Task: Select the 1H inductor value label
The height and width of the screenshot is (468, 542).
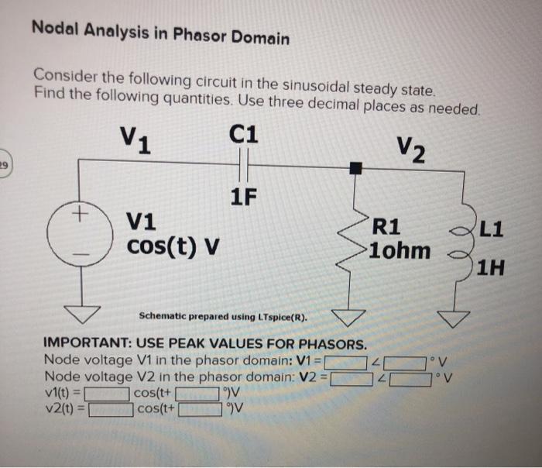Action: pos(490,269)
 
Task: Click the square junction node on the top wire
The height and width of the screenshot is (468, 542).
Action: pos(354,167)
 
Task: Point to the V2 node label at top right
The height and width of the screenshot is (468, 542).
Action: pos(410,149)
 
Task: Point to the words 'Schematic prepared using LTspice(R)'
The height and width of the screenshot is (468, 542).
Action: pos(222,317)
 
